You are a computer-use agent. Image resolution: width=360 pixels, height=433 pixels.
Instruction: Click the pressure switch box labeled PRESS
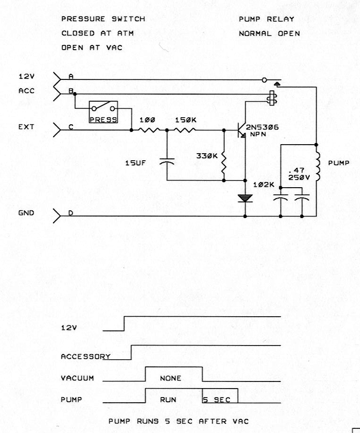103,112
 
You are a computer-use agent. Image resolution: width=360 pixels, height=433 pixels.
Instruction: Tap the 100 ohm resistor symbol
149,130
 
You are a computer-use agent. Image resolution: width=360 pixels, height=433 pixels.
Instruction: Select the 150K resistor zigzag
185,130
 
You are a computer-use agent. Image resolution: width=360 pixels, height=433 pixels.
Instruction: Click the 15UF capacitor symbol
167,161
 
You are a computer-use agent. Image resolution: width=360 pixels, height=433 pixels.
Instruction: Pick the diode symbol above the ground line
245,198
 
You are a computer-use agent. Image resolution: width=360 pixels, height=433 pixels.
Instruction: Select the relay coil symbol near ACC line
272,98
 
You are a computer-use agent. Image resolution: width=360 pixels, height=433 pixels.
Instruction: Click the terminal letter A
71,77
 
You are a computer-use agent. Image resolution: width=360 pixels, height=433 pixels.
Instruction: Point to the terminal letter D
71,213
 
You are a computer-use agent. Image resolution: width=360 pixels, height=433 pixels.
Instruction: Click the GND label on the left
26,213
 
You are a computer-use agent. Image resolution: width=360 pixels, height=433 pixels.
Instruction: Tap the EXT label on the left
26,127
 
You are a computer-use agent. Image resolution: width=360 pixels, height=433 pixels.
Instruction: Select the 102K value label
264,185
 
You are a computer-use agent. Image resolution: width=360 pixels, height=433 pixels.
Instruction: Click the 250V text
299,178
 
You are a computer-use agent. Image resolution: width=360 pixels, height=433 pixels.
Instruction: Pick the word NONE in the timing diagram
170,378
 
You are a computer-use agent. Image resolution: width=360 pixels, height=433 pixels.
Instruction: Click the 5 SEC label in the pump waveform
217,399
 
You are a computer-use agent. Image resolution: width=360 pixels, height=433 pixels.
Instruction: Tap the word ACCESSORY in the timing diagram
86,356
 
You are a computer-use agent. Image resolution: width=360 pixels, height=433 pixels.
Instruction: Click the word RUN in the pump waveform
168,399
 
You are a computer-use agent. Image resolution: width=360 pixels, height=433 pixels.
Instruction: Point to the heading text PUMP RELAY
266,19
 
